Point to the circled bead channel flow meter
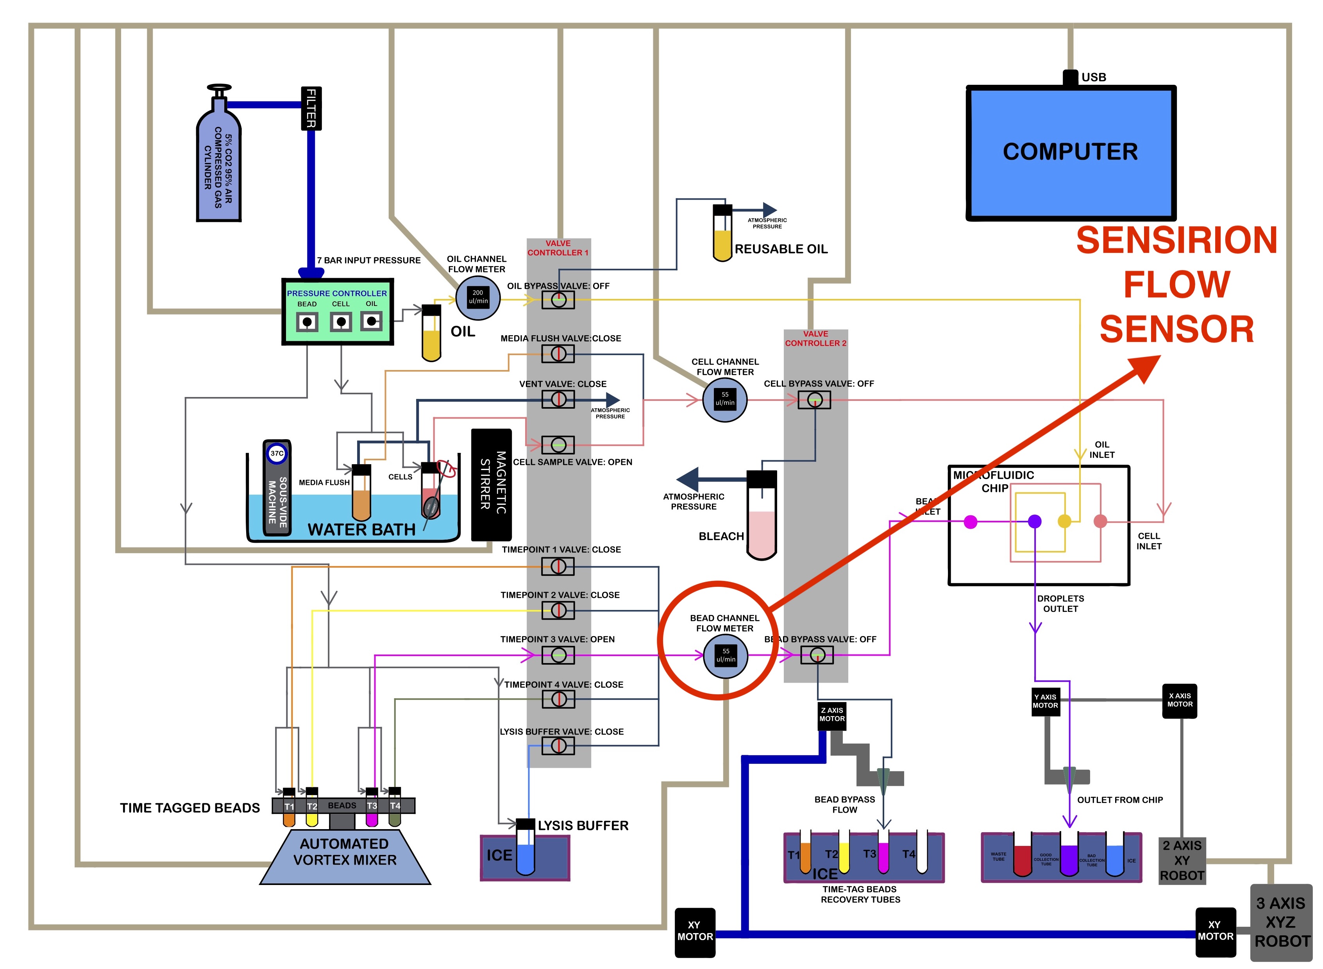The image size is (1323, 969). point(726,656)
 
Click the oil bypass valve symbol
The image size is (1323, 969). point(558,300)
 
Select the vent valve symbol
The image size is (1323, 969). point(558,399)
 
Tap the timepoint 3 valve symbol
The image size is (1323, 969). point(558,655)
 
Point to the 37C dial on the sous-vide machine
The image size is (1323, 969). point(277,453)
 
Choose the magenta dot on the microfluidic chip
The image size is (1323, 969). point(971,522)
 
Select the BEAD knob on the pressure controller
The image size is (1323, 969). point(307,322)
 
